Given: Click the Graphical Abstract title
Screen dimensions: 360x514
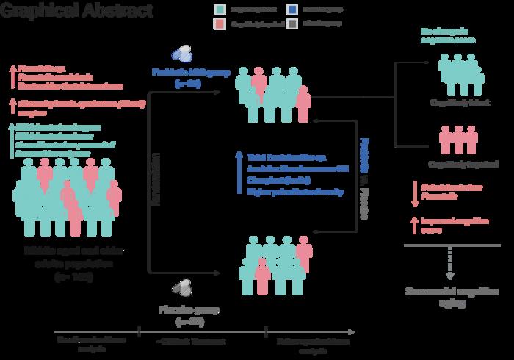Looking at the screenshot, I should tap(77, 11).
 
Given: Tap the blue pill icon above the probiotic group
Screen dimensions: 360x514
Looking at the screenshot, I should tap(181, 54).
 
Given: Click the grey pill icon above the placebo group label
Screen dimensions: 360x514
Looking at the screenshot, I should tap(181, 285).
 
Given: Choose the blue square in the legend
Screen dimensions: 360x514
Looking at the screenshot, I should tap(292, 10).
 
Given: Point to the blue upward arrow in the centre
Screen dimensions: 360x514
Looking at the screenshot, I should tap(239, 173).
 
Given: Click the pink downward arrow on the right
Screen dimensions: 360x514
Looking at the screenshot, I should tap(414, 192).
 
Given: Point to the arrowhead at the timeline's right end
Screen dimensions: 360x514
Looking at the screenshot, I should tap(355, 331).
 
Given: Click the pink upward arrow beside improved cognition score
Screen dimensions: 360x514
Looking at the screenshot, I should tap(414, 224).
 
